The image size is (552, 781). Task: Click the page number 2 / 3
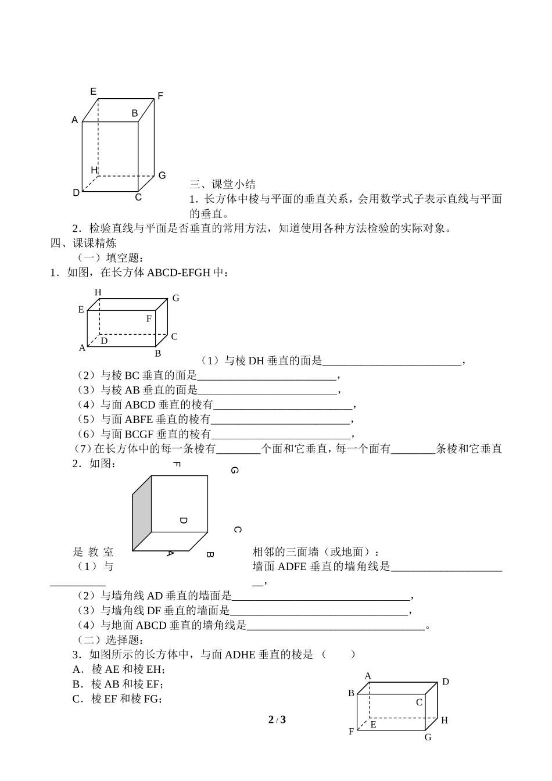click(x=277, y=719)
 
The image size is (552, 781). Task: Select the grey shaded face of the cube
click(x=142, y=513)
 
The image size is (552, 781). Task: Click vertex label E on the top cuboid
click(x=93, y=91)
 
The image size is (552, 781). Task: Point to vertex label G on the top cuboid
click(x=162, y=175)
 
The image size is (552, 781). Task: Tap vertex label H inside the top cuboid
click(x=94, y=170)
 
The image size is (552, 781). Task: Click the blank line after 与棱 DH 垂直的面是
click(x=392, y=361)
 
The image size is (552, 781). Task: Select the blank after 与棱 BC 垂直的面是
click(x=267, y=376)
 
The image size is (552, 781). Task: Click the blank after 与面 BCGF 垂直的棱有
click(x=281, y=435)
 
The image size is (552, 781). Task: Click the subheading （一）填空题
click(x=110, y=257)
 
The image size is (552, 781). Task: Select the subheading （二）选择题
click(x=110, y=640)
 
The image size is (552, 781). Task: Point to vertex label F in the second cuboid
click(x=149, y=318)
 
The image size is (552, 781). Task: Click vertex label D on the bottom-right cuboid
click(x=446, y=682)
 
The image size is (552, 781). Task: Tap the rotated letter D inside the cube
click(x=183, y=521)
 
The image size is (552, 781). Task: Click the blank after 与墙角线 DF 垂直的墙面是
click(x=319, y=611)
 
